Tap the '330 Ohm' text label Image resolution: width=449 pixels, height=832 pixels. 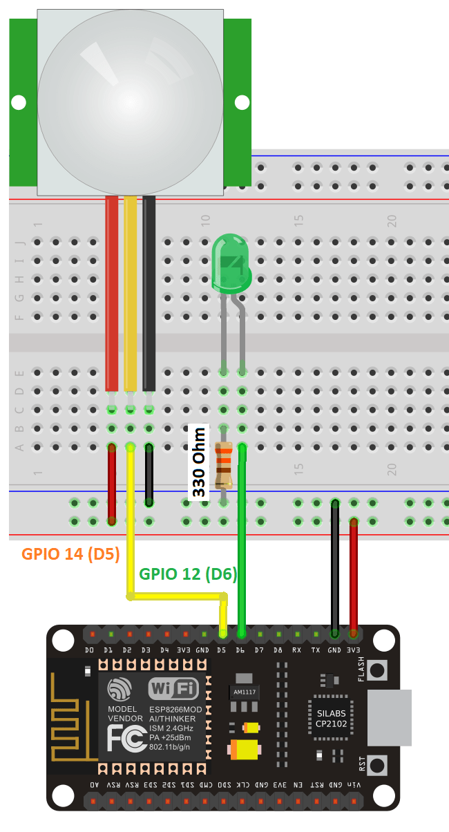pyautogui.click(x=199, y=461)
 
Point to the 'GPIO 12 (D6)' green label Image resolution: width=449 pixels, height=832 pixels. pyautogui.click(x=189, y=574)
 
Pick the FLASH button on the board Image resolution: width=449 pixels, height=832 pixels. pyautogui.click(x=377, y=670)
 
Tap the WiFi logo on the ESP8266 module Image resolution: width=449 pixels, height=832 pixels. pyautogui.click(x=173, y=688)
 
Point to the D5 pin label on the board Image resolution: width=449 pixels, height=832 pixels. pyautogui.click(x=221, y=651)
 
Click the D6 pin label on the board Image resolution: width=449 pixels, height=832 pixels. pyautogui.click(x=240, y=651)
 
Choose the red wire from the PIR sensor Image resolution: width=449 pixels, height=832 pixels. pyautogui.click(x=112, y=290)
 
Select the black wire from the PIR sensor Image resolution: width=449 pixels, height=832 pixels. pyautogui.click(x=149, y=290)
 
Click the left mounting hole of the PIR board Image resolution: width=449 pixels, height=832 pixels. pyautogui.click(x=19, y=102)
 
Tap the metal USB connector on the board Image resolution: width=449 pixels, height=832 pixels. pyautogui.click(x=391, y=718)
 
